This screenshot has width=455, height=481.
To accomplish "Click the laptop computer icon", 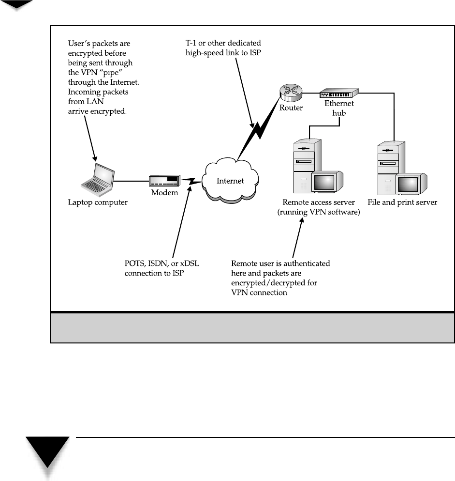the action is pos(98,180).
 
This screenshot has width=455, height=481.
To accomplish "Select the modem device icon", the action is pos(165,181).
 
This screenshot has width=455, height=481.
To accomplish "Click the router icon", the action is pos(291,93).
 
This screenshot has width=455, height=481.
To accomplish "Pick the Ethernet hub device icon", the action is pos(339,93).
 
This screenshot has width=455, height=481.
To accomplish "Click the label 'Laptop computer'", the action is pos(98,202).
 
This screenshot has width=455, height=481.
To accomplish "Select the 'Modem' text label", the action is pos(165,193).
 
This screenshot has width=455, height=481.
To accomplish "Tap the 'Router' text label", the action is pos(291,108).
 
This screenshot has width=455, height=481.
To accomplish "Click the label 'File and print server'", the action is pos(402,202).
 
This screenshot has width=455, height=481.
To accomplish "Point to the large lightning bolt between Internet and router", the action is pos(259,129).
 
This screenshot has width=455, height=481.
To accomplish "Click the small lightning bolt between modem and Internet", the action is pos(191,181).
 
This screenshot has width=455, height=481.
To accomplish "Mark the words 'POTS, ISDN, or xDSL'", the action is pos(161,264).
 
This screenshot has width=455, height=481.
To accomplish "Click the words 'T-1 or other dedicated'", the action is pos(223,43).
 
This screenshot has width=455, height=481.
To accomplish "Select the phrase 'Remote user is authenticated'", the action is pos(280,264).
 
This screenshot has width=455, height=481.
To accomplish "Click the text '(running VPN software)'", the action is pos(319,212).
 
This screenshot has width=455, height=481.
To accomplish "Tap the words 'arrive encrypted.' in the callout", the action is pos(97,111).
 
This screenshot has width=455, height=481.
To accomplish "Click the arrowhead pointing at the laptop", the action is pos(95,158).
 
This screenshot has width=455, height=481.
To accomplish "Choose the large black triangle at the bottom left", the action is pos(47,450).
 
